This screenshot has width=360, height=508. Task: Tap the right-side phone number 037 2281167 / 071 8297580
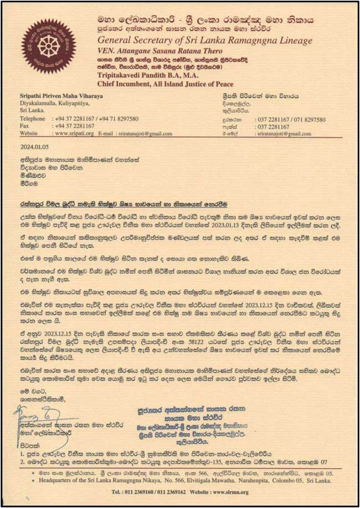(x=290, y=119)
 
